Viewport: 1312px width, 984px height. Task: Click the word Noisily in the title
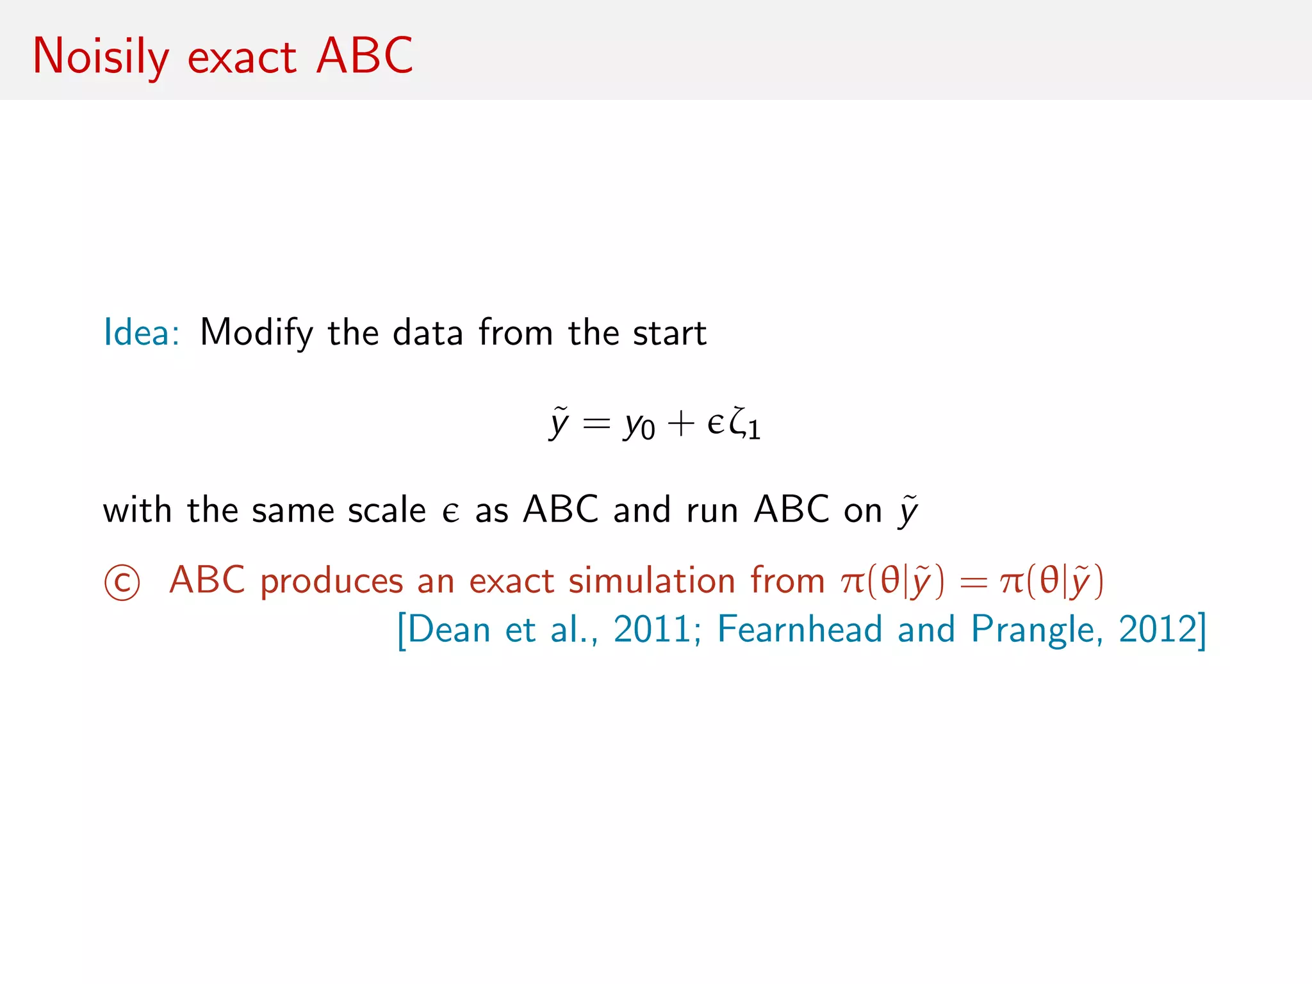(x=101, y=56)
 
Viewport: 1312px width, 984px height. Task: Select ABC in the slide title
(x=365, y=56)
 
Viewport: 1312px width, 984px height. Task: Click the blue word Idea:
(x=142, y=332)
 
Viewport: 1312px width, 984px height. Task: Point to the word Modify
(x=256, y=334)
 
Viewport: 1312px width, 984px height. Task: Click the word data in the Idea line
(x=427, y=333)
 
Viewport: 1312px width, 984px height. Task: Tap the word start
(x=669, y=333)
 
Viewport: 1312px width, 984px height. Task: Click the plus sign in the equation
(x=680, y=424)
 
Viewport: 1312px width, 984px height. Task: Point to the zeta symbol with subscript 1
(x=743, y=424)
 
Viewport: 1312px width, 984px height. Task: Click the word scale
(x=386, y=511)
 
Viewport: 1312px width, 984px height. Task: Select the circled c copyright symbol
(x=122, y=582)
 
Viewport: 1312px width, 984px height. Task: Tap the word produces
(x=331, y=582)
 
